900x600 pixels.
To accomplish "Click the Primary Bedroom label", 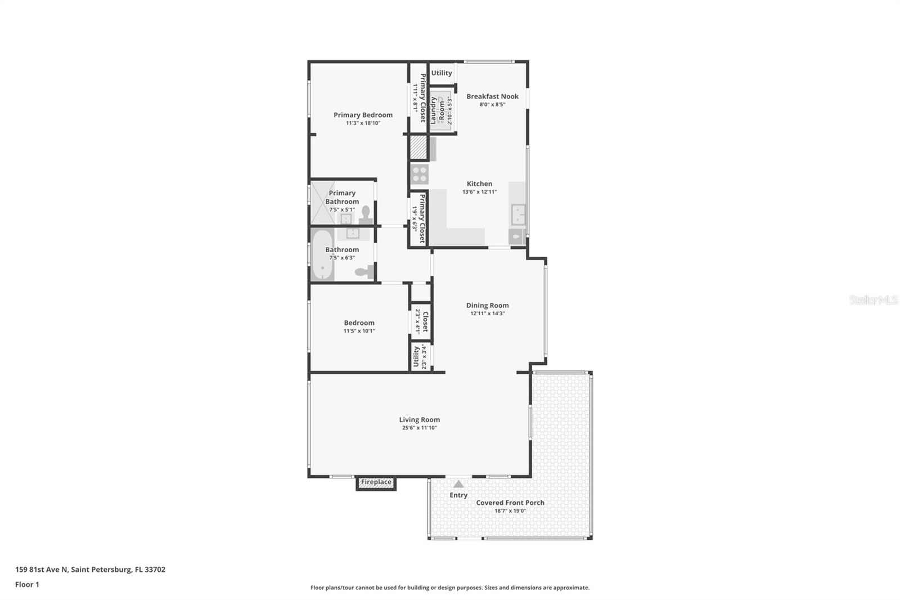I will (x=363, y=115).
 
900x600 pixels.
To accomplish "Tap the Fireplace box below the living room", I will (x=376, y=482).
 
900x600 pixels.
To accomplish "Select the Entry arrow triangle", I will (x=458, y=484).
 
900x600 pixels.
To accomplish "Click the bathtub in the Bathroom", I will (x=322, y=255).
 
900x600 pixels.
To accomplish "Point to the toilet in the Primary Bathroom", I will (x=366, y=213).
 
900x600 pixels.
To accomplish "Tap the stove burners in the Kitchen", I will (x=419, y=174).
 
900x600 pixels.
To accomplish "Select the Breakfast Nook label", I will (x=492, y=96).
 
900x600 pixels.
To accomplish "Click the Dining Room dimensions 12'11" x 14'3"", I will (x=487, y=314).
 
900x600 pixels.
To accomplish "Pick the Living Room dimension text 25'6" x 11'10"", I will (x=419, y=428).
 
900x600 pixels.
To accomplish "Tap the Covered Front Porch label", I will (x=510, y=503).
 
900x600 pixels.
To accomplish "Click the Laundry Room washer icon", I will (x=442, y=110).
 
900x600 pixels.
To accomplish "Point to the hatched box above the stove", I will (x=418, y=148).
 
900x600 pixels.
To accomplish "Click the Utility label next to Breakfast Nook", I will (x=442, y=73).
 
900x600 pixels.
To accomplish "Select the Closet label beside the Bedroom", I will (x=425, y=321).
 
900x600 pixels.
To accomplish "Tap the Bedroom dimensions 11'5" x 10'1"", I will (x=359, y=331).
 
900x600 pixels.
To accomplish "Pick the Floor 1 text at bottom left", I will (x=27, y=585).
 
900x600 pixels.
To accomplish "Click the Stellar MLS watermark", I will (x=873, y=300).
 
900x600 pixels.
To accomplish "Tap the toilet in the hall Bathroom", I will (x=364, y=272).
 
